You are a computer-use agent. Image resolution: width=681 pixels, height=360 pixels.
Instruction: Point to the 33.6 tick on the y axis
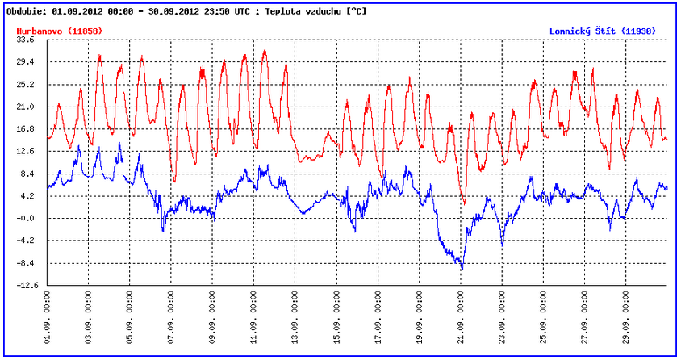click(x=26, y=40)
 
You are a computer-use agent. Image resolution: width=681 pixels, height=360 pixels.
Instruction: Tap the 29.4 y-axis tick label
click(x=26, y=61)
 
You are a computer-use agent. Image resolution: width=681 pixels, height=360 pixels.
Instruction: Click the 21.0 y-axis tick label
click(x=26, y=107)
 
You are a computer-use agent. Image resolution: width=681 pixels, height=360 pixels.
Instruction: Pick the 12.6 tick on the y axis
click(x=26, y=151)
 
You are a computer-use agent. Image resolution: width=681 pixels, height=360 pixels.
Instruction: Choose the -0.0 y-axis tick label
click(x=26, y=218)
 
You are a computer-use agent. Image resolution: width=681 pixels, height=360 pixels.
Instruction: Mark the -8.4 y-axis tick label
click(x=26, y=263)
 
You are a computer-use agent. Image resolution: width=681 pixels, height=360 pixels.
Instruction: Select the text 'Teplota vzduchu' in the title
click(x=303, y=12)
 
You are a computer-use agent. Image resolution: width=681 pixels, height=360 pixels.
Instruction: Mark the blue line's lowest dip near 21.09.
click(x=462, y=268)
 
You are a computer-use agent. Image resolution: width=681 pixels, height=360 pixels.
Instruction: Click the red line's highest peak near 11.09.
click(x=264, y=51)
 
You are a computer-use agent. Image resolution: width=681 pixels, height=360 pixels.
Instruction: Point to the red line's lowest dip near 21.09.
click(x=464, y=203)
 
